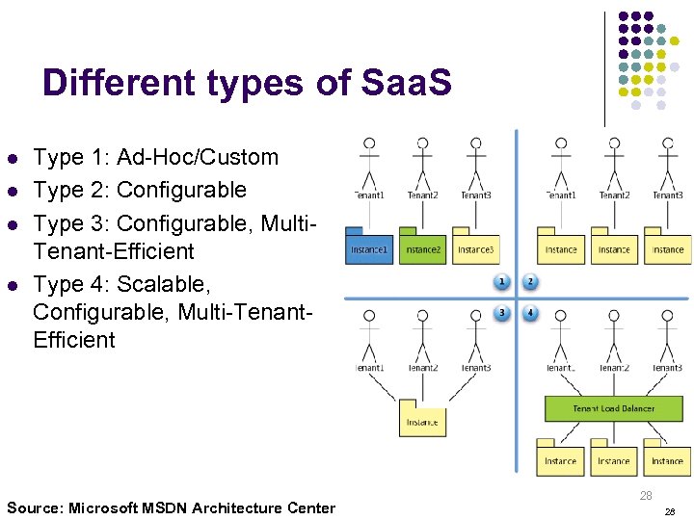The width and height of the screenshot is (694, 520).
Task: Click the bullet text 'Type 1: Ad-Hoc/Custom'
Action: click(x=155, y=157)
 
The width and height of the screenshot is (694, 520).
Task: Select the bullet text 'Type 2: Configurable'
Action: click(x=140, y=190)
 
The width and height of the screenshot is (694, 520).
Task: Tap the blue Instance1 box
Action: click(x=368, y=248)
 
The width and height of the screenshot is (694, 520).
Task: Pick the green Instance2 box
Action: click(x=422, y=248)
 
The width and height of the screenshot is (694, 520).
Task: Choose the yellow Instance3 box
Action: click(x=475, y=248)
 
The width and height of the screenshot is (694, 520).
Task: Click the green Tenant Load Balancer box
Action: click(x=613, y=408)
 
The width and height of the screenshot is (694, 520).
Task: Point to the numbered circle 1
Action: click(x=501, y=282)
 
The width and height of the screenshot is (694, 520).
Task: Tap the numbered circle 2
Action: click(x=530, y=282)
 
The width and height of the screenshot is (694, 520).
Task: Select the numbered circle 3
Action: click(x=501, y=313)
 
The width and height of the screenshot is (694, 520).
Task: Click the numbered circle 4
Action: click(x=530, y=313)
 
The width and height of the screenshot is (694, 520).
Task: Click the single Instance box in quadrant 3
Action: click(x=422, y=421)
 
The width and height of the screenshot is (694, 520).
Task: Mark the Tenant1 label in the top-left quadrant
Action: click(x=368, y=195)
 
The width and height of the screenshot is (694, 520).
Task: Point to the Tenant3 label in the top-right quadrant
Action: click(x=667, y=195)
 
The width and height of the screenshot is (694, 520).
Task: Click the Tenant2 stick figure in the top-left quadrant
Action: click(x=422, y=161)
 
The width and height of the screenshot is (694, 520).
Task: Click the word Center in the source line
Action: click(x=310, y=507)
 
